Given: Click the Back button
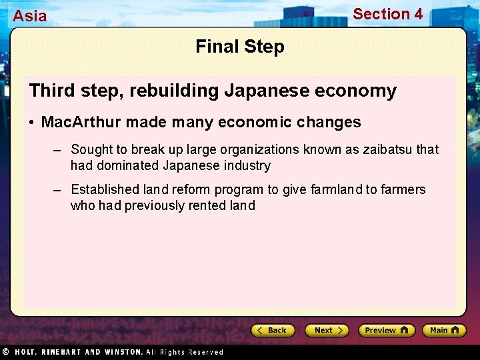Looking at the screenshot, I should pyautogui.click(x=273, y=330).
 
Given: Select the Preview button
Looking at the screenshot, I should pyautogui.click(x=386, y=330).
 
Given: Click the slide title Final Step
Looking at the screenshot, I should pyautogui.click(x=240, y=47).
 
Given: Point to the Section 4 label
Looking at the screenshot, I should pyautogui.click(x=387, y=14).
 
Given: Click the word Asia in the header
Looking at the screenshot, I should pyautogui.click(x=30, y=16).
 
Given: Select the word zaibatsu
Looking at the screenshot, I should pyautogui.click(x=388, y=149).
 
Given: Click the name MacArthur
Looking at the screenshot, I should pyautogui.click(x=81, y=122).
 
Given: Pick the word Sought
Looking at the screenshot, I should pyautogui.click(x=92, y=149).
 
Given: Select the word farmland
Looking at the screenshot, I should pyautogui.click(x=337, y=189).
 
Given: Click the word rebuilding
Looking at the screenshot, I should pyautogui.click(x=173, y=91).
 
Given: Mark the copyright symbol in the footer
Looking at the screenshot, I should pyautogui.click(x=5, y=351).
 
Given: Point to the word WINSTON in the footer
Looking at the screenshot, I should pyautogui.click(x=122, y=351).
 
